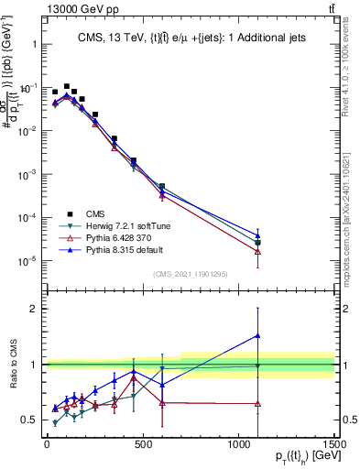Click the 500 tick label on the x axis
click(x=142, y=446)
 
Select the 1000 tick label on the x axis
click(x=237, y=446)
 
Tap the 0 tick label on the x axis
click(x=47, y=446)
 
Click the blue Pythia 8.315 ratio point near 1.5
click(x=258, y=335)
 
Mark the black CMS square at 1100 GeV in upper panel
click(x=258, y=243)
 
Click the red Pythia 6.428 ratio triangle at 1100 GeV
click(x=258, y=403)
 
